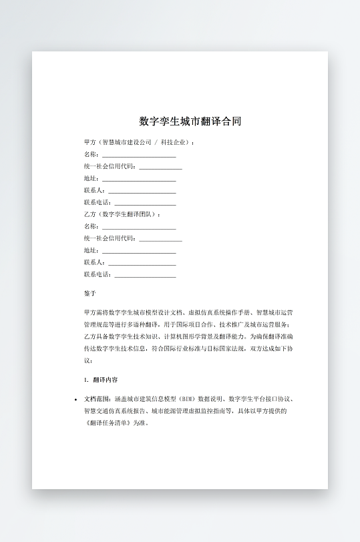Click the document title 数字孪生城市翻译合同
[190, 121]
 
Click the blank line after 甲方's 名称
[139, 155]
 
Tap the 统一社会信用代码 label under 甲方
[110, 166]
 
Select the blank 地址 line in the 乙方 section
[139, 251]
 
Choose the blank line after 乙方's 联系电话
[146, 275]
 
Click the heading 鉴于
[90, 293]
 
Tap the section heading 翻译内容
[106, 380]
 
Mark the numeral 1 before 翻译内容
[85, 380]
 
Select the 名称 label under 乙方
[91, 227]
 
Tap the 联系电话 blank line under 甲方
[146, 203]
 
